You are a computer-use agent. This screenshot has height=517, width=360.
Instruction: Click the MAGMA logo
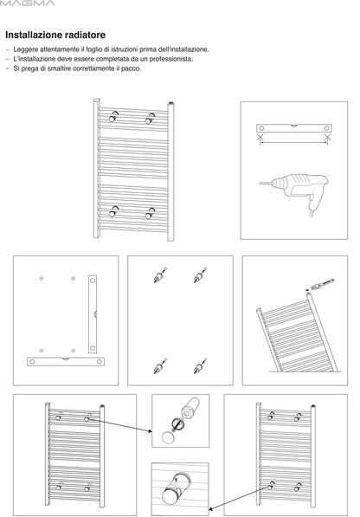[x=27, y=3]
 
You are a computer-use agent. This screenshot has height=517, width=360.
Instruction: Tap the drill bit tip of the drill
[x=260, y=184]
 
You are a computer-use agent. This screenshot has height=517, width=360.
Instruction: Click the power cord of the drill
[x=312, y=209]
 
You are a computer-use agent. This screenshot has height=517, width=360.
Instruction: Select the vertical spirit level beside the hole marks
[x=93, y=313]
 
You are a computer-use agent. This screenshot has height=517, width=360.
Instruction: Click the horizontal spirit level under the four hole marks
[x=66, y=361]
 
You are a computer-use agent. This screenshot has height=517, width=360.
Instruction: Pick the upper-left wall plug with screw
[x=160, y=275]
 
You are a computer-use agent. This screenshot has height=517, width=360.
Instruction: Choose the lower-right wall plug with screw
[x=200, y=366]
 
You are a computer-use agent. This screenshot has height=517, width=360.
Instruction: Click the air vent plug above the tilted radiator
[x=321, y=285]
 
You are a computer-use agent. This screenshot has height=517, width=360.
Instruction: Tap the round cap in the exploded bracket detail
[x=168, y=437]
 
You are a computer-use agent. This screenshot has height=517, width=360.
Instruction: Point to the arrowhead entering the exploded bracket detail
[x=151, y=430]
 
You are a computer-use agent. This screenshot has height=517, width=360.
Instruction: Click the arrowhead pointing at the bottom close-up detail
[x=211, y=509]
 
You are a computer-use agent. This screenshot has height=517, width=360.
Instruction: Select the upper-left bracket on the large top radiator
[x=113, y=116]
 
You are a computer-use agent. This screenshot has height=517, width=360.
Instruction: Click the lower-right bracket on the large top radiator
[x=150, y=213]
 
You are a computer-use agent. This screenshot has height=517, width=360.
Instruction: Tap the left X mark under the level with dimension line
[x=260, y=137]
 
